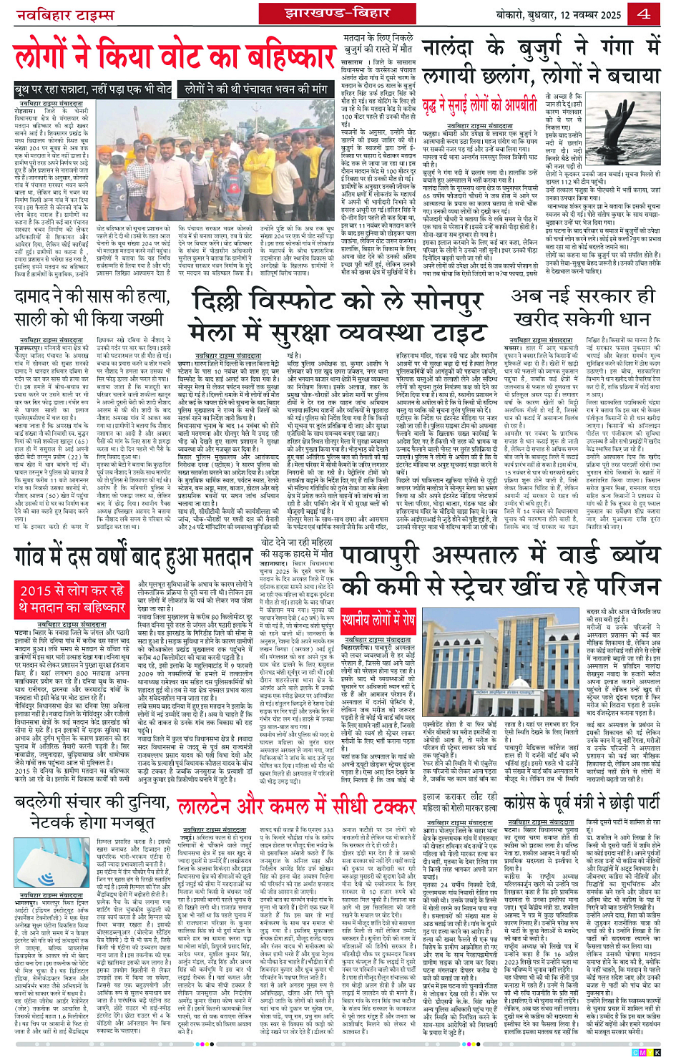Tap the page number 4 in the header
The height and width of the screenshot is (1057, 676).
pyautogui.click(x=644, y=14)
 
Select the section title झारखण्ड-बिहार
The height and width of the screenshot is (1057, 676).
pyautogui.click(x=337, y=14)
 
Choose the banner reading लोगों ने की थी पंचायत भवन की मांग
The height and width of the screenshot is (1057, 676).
pyautogui.click(x=255, y=89)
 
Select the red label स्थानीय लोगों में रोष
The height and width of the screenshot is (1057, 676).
pyautogui.click(x=377, y=617)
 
